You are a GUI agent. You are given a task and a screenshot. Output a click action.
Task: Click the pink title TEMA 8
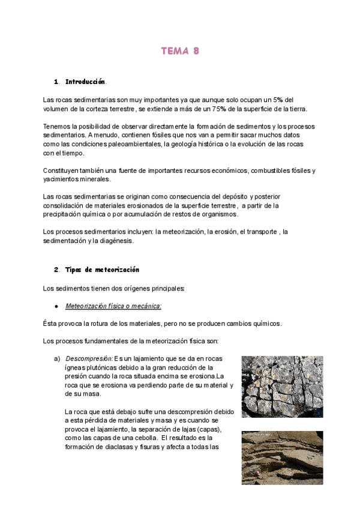coord(180,52)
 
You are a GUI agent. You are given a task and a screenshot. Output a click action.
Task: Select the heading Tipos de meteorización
coord(102,270)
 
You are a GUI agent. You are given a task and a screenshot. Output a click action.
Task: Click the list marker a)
coord(57,359)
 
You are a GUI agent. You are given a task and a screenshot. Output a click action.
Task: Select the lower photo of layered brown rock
coord(282,457)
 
